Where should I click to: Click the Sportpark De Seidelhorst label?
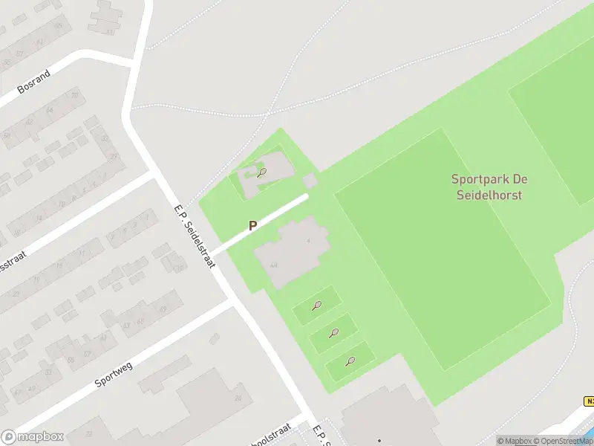(487, 187)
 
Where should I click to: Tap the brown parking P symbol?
(252, 225)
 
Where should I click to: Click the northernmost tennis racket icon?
(261, 172)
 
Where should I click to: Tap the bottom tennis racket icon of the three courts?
(350, 361)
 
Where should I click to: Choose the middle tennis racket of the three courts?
(333, 333)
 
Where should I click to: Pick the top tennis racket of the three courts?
(317, 305)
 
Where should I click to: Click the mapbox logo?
(33, 436)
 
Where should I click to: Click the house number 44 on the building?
(274, 265)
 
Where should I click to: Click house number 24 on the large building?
(238, 398)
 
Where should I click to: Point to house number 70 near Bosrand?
(74, 95)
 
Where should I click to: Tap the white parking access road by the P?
(260, 222)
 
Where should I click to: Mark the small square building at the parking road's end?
(310, 181)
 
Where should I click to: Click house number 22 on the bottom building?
(90, 433)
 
